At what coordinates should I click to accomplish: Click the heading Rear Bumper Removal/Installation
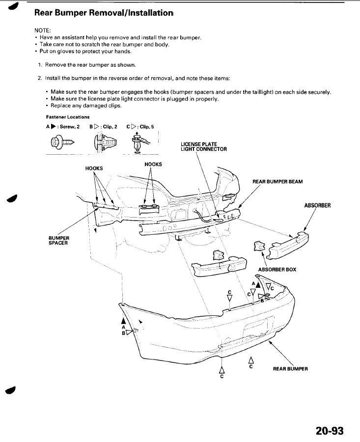(x=104, y=13)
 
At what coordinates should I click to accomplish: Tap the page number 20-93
(x=330, y=431)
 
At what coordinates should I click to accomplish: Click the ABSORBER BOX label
(x=277, y=270)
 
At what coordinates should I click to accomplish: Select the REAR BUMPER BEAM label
(x=277, y=182)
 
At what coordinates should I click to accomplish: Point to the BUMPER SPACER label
(x=58, y=241)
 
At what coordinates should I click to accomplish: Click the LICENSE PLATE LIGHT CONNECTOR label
(x=203, y=146)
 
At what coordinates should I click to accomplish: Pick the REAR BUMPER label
(x=290, y=369)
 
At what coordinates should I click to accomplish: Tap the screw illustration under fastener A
(x=62, y=142)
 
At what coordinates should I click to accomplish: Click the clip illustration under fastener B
(x=105, y=142)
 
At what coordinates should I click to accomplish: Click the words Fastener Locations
(x=68, y=117)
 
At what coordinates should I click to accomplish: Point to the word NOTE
(x=42, y=30)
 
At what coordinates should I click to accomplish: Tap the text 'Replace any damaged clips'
(x=85, y=106)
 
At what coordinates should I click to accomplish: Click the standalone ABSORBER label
(x=317, y=205)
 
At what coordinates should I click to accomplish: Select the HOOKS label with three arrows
(x=94, y=168)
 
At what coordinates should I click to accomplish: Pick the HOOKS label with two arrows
(x=153, y=165)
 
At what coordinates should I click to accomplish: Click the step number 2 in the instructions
(x=39, y=79)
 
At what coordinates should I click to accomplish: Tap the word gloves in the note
(x=66, y=52)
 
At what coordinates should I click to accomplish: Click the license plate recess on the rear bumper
(x=258, y=327)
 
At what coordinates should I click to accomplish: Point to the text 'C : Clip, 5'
(x=140, y=127)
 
